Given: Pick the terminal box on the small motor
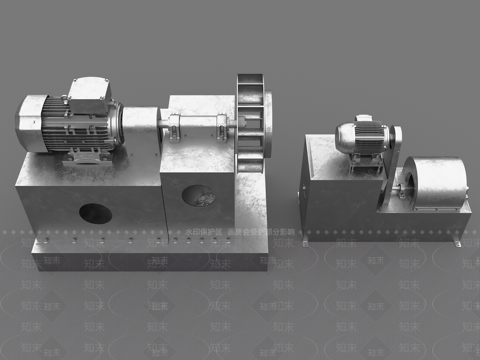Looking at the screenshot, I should [x=363, y=118].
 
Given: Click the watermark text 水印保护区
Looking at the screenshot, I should [x=203, y=232].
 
